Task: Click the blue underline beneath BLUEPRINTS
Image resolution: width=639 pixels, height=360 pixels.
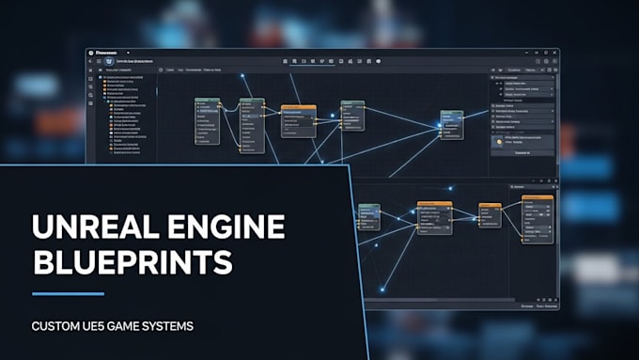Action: point(68,294)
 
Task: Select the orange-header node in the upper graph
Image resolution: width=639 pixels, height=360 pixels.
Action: point(298,120)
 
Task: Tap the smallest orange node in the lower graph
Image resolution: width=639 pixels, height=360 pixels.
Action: point(490,212)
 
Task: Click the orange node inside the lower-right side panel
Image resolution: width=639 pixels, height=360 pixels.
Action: point(537,219)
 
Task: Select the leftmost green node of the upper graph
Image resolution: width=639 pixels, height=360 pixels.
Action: point(207,119)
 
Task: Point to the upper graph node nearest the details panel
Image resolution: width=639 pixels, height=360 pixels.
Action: point(452,126)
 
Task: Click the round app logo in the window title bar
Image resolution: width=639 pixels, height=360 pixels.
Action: point(91,53)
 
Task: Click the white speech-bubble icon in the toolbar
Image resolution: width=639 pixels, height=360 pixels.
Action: point(379,61)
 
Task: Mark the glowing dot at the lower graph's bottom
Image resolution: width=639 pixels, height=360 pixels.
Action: point(382,289)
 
